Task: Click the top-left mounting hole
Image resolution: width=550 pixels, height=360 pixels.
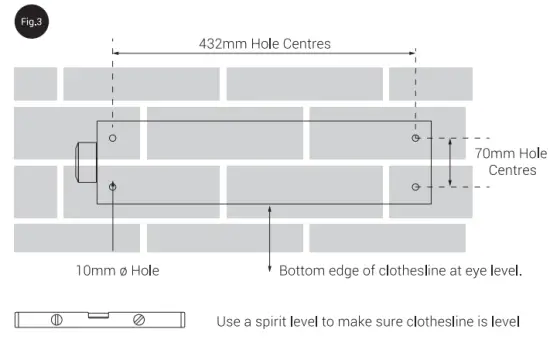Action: [113, 137]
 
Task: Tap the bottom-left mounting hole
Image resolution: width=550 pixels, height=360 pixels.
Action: [113, 186]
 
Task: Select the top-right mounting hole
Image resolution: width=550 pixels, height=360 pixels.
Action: [416, 138]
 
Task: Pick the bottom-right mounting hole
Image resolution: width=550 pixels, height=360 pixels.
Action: [416, 186]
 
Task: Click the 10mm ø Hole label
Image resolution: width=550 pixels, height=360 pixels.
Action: [117, 270]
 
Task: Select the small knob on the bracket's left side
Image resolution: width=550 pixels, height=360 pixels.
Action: [84, 162]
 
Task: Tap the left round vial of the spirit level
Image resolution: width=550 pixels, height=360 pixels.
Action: [57, 320]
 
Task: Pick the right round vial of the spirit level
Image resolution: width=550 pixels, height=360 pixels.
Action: [139, 320]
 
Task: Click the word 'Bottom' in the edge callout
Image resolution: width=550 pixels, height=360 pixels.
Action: [301, 270]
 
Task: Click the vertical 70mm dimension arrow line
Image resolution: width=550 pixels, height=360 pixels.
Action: [450, 162]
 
